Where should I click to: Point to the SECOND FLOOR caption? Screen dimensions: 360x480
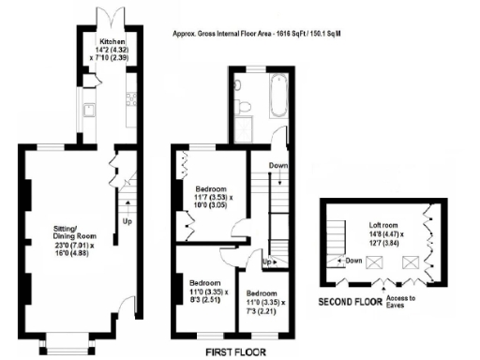[349, 303]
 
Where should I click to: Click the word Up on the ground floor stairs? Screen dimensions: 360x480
[126, 222]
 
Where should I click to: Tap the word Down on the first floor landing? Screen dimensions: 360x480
[278, 167]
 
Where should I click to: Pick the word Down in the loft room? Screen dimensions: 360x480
[352, 261]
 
